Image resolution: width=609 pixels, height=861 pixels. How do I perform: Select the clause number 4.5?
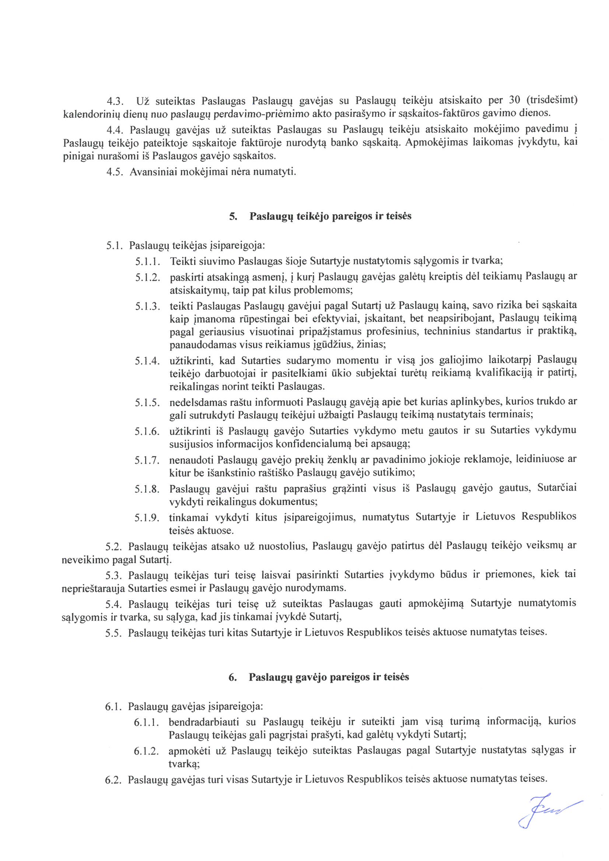coord(115,172)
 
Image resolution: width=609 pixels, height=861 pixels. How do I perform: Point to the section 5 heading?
coord(321,217)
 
